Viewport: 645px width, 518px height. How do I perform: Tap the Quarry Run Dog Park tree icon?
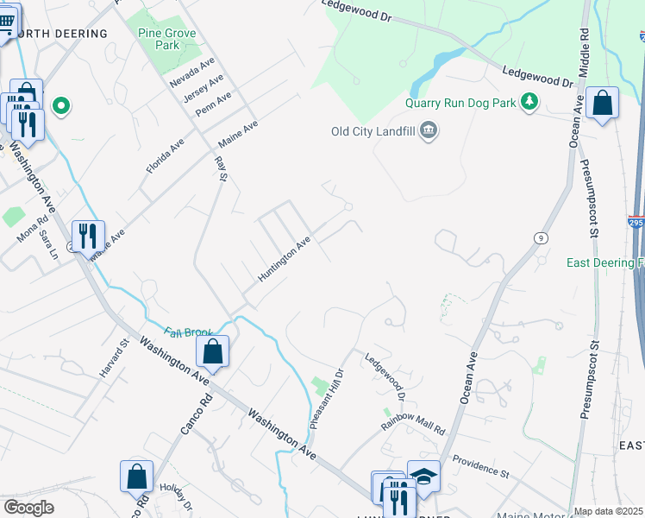[x=529, y=103]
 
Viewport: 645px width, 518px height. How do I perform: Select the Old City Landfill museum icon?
[x=429, y=131]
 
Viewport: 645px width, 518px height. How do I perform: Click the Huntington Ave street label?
[x=284, y=259]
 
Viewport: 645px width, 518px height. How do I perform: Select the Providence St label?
[x=481, y=466]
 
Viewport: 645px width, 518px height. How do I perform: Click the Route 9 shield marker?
[x=540, y=237]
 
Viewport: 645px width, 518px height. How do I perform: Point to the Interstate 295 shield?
[x=636, y=222]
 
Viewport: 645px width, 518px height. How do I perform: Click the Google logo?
[x=28, y=507]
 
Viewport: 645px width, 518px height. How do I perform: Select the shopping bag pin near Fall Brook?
[x=212, y=351]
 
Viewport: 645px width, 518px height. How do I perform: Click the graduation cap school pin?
[x=423, y=476]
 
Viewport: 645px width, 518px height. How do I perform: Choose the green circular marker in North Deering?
[x=61, y=106]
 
